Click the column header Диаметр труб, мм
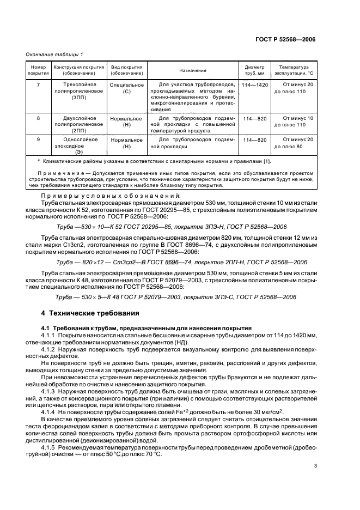coord(254,70)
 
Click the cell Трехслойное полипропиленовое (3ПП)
coord(78,91)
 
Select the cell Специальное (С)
coord(126,88)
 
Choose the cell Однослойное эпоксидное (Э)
coord(78,146)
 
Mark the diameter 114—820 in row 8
coord(254,118)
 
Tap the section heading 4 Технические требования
coord(89,313)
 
